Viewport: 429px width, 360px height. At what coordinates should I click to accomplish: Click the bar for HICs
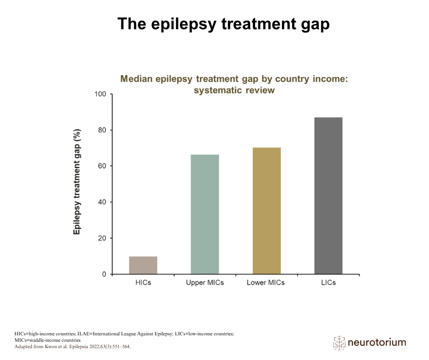pyautogui.click(x=143, y=265)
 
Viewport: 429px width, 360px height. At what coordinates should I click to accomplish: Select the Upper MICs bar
pyautogui.click(x=204, y=214)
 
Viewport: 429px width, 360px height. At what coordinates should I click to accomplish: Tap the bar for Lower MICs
pyautogui.click(x=267, y=211)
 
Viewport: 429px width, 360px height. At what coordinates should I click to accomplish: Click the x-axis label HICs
pyautogui.click(x=143, y=283)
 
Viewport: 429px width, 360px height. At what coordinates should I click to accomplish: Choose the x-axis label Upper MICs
pyautogui.click(x=205, y=283)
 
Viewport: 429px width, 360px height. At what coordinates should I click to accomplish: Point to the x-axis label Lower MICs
pyautogui.click(x=266, y=283)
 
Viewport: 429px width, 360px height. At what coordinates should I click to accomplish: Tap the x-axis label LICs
pyautogui.click(x=328, y=283)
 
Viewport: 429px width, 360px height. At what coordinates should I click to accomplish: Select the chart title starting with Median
pyautogui.click(x=234, y=85)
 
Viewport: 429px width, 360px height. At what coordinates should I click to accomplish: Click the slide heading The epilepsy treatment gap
pyautogui.click(x=224, y=24)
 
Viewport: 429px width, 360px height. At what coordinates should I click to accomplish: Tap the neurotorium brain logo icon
pyautogui.click(x=340, y=343)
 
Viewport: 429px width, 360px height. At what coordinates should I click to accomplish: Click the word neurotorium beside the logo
pyautogui.click(x=377, y=343)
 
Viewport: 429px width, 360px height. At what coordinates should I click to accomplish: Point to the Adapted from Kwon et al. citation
pyautogui.click(x=73, y=347)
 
